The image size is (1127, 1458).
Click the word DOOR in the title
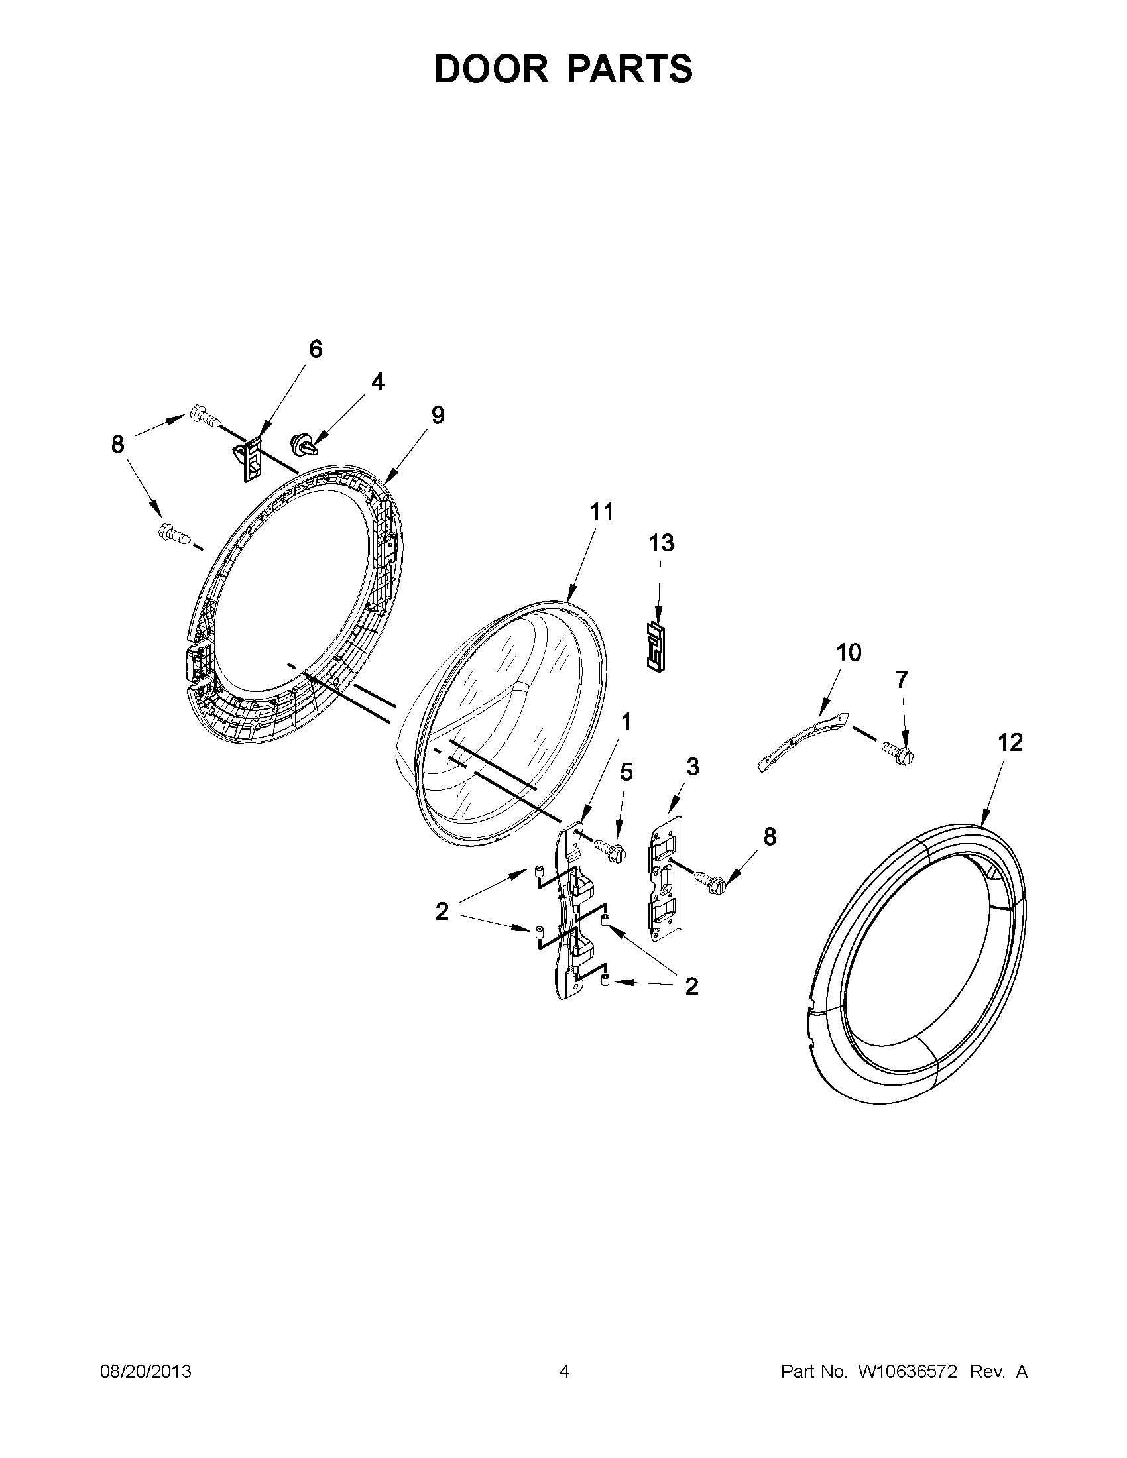491,69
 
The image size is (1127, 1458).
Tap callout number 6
315,349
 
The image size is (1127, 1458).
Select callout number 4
377,382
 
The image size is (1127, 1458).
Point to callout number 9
438,416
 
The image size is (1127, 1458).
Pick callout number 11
601,512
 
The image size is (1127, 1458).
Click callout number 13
662,543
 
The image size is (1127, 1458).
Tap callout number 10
849,652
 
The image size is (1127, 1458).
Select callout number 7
902,679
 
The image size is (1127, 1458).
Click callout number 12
1010,742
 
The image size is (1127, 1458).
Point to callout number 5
626,771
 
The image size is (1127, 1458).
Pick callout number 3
693,767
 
